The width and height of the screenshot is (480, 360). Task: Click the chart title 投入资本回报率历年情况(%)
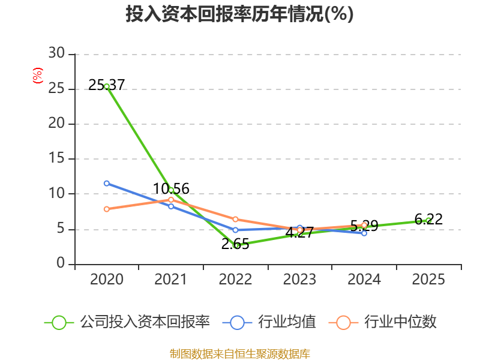[239, 14]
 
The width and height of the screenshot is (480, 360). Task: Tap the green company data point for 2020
[107, 86]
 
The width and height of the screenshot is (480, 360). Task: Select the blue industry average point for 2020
[107, 183]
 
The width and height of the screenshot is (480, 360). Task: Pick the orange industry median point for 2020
[107, 209]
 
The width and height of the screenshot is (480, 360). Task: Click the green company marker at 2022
[236, 245]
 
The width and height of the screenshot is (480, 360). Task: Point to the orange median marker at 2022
[236, 219]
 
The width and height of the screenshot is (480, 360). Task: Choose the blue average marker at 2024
[364, 233]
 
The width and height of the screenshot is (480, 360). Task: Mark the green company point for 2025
[428, 220]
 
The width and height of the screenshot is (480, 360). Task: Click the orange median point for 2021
[171, 199]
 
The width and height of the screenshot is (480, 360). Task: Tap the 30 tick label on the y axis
[57, 54]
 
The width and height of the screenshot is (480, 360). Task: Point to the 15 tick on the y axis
[57, 159]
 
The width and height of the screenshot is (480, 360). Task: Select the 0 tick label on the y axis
[61, 264]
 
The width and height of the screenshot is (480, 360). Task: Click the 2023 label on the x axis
[300, 280]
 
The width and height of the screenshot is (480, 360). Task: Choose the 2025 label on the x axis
[428, 280]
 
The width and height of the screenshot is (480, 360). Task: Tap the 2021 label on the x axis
[171, 280]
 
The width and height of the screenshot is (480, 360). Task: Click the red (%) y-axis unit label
[37, 76]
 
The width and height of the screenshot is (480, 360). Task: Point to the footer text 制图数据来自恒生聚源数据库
[239, 353]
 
